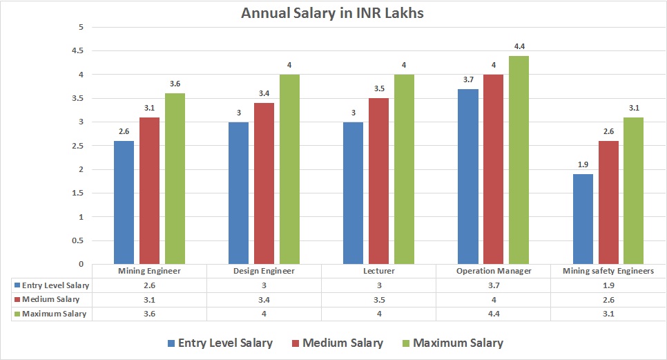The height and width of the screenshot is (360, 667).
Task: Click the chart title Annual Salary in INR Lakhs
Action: tap(333, 12)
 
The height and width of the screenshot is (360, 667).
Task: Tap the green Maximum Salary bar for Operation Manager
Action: tap(519, 160)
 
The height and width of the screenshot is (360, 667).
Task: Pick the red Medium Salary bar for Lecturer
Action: tap(378, 180)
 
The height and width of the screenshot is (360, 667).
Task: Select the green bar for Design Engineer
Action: tap(289, 169)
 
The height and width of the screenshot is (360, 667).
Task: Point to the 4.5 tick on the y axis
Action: tap(78, 51)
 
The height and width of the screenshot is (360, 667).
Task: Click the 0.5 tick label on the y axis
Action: tap(78, 240)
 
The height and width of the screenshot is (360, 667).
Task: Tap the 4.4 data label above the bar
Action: tap(519, 46)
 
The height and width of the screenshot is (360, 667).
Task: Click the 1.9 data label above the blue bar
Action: tap(583, 165)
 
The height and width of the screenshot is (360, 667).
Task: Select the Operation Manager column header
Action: tap(494, 271)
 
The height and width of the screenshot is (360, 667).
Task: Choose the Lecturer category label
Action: tap(378, 271)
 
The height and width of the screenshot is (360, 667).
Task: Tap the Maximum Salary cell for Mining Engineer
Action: tap(149, 314)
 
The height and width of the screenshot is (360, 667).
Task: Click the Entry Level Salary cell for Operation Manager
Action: tap(494, 285)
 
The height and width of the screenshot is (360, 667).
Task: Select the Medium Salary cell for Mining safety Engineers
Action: tap(608, 299)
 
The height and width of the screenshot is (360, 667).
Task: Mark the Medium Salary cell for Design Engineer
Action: tap(264, 299)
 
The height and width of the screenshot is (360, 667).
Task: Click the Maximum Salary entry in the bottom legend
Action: tap(452, 343)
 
